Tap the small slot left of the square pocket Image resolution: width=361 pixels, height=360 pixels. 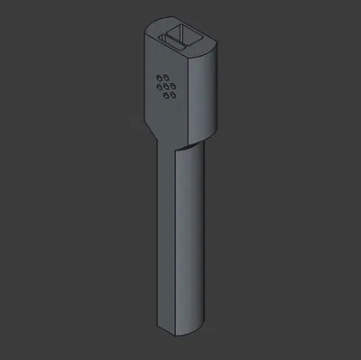[169, 40]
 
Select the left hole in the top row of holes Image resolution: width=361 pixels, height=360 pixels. [160, 75]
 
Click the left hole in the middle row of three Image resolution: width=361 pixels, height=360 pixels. [159, 86]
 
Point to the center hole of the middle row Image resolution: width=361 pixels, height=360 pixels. [166, 88]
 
